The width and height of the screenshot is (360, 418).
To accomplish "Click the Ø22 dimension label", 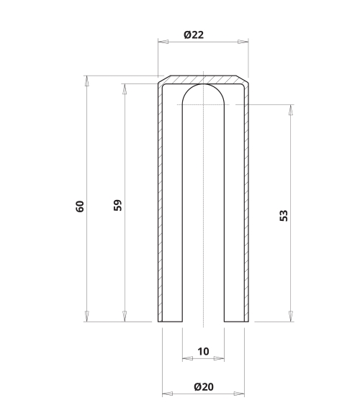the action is coord(194,35).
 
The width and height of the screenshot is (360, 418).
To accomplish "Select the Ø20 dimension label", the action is coord(204,386).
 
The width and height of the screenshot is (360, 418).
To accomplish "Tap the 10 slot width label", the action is coord(203,351).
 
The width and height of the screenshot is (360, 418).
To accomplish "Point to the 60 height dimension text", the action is coord(80,206).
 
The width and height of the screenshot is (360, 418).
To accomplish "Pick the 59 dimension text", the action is coord(117,205).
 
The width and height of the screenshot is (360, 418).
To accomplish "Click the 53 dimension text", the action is coord(284,216).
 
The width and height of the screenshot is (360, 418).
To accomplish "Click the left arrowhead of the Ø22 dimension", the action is coord(163,42).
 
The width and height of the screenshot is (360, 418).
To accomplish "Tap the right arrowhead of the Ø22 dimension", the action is coord(243,42).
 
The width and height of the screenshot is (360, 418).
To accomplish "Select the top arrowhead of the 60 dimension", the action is coord(86,81).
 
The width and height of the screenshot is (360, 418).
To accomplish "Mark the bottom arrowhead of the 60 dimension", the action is coord(86,317).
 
